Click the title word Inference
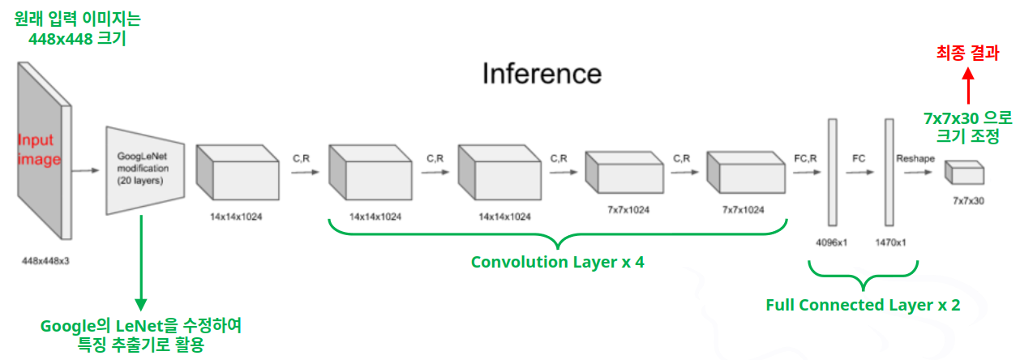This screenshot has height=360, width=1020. coord(542,74)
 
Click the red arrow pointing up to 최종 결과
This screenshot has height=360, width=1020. coord(966,84)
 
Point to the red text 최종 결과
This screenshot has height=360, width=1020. coord(966,54)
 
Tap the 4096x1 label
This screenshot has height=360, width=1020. coord(831,242)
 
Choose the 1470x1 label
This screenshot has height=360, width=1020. coord(889,242)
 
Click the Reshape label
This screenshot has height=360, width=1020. coord(915,159)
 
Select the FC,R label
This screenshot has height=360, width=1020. coord(804,159)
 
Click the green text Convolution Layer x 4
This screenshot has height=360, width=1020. coord(557,262)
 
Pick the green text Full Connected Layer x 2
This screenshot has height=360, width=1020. coord(863,305)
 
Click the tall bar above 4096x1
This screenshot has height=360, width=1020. coord(831,172)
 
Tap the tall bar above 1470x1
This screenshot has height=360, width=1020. coord(889,172)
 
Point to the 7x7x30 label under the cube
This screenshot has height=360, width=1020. coord(968,199)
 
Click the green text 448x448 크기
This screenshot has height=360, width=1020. coord(77,38)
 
